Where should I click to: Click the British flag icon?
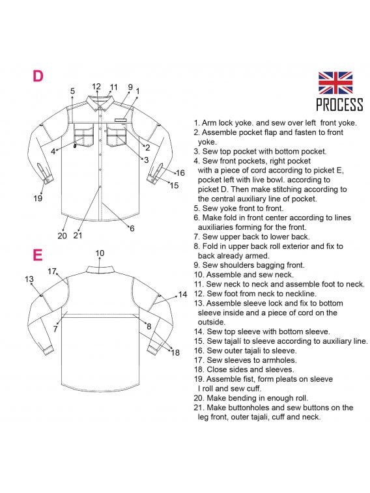(x=335, y=83)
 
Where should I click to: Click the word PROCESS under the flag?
(x=339, y=105)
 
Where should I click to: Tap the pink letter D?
(x=38, y=76)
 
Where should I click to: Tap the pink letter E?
(x=37, y=255)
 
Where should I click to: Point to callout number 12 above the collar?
(x=96, y=87)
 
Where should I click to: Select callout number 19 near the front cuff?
(x=38, y=199)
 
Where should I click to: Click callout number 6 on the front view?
(x=132, y=229)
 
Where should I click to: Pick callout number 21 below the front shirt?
(x=78, y=236)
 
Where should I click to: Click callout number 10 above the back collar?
(x=100, y=253)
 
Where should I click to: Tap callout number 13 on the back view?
(x=29, y=279)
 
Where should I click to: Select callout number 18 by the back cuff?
(x=175, y=352)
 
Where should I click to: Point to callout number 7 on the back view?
(x=55, y=329)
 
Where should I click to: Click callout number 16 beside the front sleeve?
(x=180, y=173)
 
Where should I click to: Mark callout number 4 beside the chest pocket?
(x=53, y=152)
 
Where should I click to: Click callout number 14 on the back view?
(x=182, y=294)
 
